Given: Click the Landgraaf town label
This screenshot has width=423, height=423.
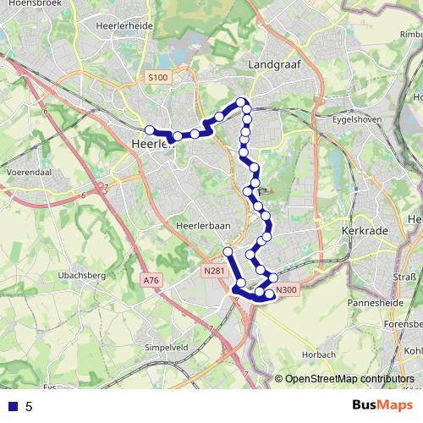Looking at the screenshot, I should click(x=271, y=64).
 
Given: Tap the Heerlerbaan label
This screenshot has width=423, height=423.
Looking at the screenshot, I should click(x=197, y=226).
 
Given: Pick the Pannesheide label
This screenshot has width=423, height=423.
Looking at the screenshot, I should click(x=372, y=302).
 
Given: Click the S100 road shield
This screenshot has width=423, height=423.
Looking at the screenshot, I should click(x=157, y=78).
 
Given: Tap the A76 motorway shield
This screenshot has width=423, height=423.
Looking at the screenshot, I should click(x=151, y=280).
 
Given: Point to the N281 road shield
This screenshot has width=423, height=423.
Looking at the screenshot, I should click(x=214, y=271).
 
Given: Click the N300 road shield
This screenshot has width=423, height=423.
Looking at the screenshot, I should click(x=288, y=290).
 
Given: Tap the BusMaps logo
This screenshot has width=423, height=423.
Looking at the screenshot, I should click(x=377, y=406).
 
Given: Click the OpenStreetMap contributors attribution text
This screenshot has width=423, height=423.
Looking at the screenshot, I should click(x=349, y=379).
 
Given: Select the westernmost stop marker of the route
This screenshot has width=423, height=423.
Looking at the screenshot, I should click(x=150, y=129).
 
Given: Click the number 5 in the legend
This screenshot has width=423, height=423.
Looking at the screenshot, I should click(x=29, y=407).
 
